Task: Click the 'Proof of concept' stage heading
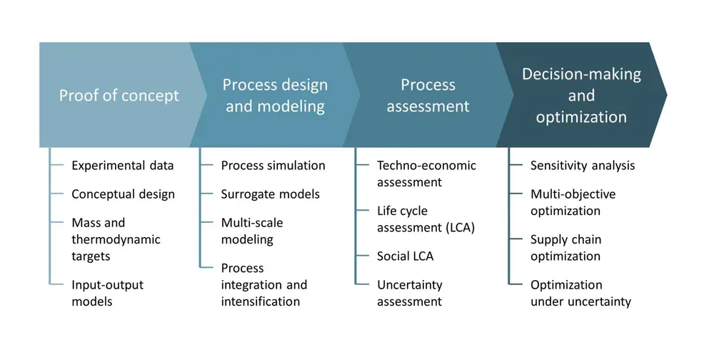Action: point(119,96)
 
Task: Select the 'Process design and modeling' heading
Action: point(275,96)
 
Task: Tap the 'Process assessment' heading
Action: point(428,96)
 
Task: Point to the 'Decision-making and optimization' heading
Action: point(581,96)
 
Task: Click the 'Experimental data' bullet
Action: point(122,166)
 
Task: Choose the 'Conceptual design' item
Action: point(123,194)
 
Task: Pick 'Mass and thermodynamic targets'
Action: point(116,239)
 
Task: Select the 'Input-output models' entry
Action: point(107,293)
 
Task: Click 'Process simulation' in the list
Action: point(273,166)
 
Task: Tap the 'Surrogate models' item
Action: point(270,194)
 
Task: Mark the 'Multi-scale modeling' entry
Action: point(252,231)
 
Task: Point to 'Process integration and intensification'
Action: point(263,284)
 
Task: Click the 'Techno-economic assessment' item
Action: point(426,174)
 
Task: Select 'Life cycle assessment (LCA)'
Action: point(426,219)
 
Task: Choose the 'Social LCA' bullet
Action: point(405,256)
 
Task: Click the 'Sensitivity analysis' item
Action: point(582,166)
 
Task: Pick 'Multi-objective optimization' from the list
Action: point(573,202)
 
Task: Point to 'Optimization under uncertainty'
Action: point(580,293)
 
